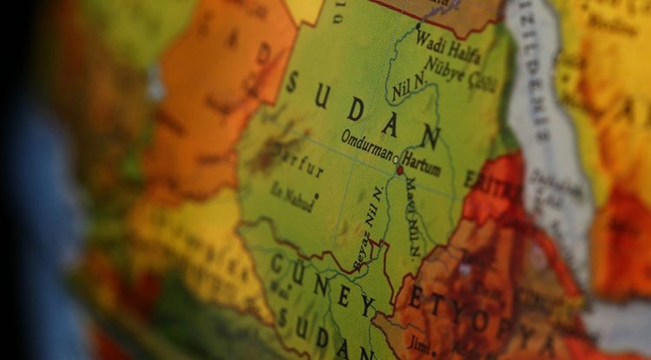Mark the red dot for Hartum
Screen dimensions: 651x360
[x=399, y=170]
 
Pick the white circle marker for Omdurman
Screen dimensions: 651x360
[x=396, y=160]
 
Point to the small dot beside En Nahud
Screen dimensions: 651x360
[x=317, y=195]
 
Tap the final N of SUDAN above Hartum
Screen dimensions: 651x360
[x=431, y=137]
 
